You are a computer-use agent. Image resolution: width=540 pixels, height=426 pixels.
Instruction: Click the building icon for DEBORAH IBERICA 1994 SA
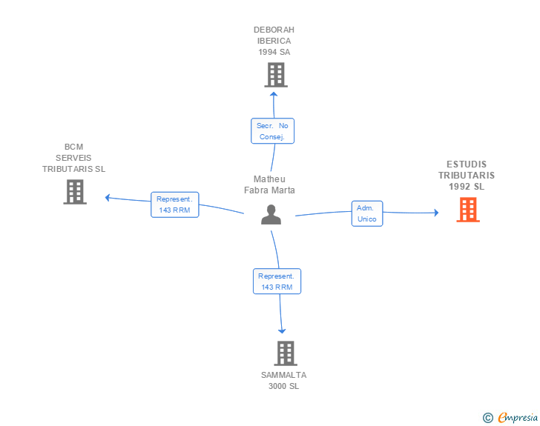(x=276, y=74)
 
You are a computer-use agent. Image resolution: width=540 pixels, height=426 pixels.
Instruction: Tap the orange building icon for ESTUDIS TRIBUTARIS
(x=467, y=210)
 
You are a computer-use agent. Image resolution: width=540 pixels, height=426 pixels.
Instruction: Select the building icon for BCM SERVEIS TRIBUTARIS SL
(x=74, y=192)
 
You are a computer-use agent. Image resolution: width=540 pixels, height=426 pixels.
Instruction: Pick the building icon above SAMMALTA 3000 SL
(x=286, y=353)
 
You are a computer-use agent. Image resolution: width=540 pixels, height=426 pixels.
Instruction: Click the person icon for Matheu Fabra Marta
(x=271, y=214)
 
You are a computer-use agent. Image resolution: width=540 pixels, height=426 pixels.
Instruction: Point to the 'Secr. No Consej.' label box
(x=272, y=131)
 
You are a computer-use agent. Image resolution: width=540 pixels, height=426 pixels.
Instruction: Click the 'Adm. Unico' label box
(x=366, y=213)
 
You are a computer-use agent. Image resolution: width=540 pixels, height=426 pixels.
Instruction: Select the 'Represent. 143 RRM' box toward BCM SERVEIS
(x=174, y=204)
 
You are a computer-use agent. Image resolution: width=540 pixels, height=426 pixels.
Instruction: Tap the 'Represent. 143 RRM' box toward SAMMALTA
(x=276, y=281)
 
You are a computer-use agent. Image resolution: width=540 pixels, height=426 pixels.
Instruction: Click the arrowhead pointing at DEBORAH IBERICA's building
(x=274, y=93)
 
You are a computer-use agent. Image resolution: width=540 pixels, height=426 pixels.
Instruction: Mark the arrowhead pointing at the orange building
(x=435, y=213)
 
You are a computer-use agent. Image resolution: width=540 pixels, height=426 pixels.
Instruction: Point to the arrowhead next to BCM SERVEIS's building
(x=108, y=197)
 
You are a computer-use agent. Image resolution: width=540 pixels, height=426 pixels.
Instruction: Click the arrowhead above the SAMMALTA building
(x=282, y=330)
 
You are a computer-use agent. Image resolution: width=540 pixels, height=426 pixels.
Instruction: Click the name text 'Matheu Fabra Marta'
(x=269, y=184)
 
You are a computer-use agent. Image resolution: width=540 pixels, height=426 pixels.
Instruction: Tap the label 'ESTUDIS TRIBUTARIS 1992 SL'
(x=467, y=176)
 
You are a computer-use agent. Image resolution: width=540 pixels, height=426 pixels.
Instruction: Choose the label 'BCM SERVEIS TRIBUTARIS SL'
(x=74, y=158)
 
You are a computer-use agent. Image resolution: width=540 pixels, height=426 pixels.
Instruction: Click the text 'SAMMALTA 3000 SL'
(x=283, y=380)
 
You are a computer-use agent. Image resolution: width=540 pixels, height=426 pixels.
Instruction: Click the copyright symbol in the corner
(x=487, y=418)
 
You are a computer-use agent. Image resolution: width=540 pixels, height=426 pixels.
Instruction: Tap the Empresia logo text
(x=517, y=417)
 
